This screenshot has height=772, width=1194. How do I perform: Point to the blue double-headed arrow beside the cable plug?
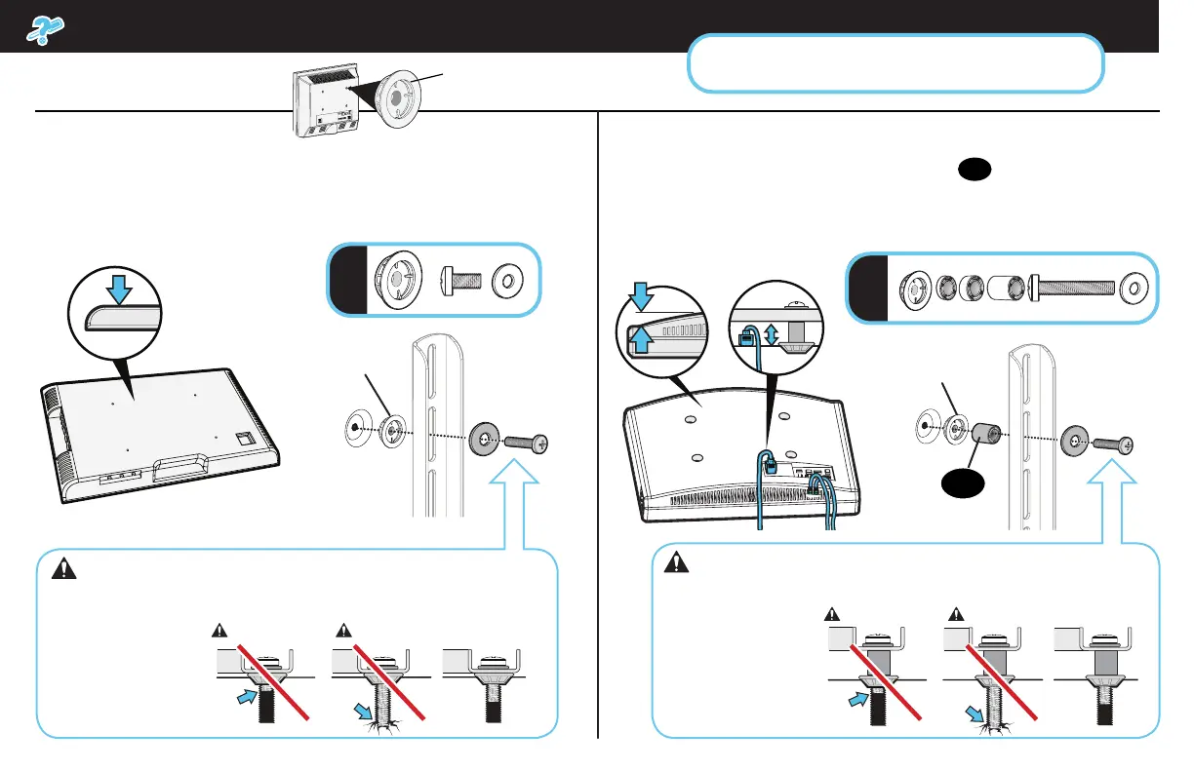771,334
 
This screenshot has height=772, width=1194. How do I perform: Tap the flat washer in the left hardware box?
508,279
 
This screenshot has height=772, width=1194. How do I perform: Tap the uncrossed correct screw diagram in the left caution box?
484,682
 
